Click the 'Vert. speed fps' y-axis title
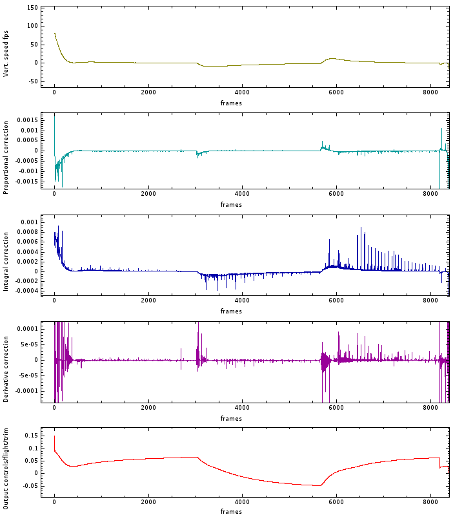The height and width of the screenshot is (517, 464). [6, 47]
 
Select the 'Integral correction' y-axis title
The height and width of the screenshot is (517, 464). [6, 256]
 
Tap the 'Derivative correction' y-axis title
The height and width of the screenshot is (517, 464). [6, 361]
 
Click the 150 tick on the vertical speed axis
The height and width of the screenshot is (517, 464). [30, 8]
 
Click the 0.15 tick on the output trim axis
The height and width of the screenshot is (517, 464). [30, 436]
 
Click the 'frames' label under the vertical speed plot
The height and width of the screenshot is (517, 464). [231, 103]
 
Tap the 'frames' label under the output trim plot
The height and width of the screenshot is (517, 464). [231, 512]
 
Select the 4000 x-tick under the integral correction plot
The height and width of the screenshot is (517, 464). [242, 302]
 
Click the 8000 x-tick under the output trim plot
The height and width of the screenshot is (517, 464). [430, 502]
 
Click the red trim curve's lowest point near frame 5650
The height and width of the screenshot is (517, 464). [319, 485]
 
